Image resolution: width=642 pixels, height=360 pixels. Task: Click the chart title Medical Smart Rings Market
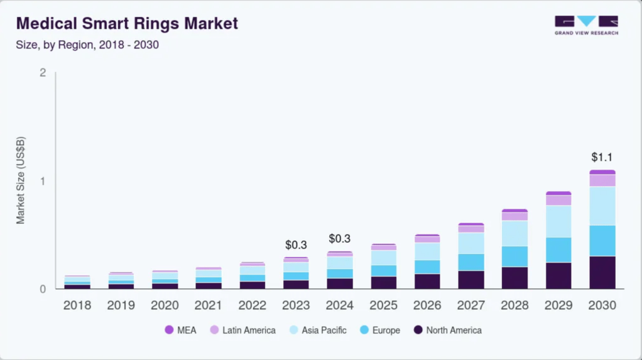pyautogui.click(x=127, y=23)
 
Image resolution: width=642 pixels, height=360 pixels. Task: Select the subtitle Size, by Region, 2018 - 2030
pyautogui.click(x=87, y=45)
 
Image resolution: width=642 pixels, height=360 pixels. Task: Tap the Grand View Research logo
pyautogui.click(x=586, y=25)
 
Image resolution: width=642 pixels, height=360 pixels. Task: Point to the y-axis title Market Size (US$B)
pyautogui.click(x=21, y=180)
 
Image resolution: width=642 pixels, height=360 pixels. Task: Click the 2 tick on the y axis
pyautogui.click(x=43, y=72)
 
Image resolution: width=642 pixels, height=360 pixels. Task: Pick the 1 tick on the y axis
pyautogui.click(x=43, y=181)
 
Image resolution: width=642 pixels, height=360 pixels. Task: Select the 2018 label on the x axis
pyautogui.click(x=77, y=305)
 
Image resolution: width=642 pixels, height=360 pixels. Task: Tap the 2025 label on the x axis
pyautogui.click(x=384, y=305)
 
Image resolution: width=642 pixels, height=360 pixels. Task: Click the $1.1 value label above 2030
pyautogui.click(x=602, y=157)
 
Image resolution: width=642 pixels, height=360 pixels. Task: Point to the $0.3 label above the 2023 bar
pyautogui.click(x=296, y=245)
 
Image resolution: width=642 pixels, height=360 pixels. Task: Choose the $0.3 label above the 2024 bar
pyautogui.click(x=340, y=238)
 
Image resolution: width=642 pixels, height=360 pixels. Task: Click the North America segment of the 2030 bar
pyautogui.click(x=602, y=272)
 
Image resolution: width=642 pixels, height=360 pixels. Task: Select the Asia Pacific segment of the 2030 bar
pyautogui.click(x=602, y=206)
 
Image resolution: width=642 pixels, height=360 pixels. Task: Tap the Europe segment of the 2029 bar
pyautogui.click(x=558, y=250)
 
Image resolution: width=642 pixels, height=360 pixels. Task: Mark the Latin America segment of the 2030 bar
pyautogui.click(x=602, y=180)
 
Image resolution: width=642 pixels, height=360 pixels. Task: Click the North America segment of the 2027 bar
pyautogui.click(x=471, y=280)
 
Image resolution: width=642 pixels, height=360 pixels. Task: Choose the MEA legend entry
pyautogui.click(x=180, y=330)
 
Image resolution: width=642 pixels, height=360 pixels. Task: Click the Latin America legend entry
pyautogui.click(x=243, y=330)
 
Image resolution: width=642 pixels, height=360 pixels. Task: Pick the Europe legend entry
pyautogui.click(x=380, y=330)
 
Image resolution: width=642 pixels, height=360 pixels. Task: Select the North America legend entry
pyautogui.click(x=447, y=330)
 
